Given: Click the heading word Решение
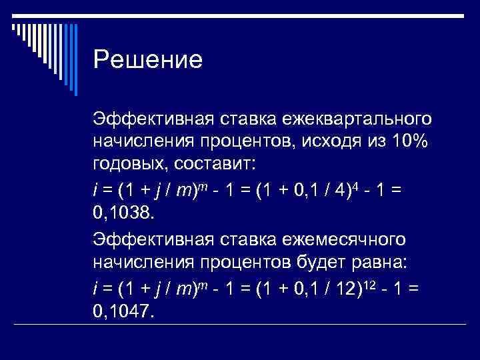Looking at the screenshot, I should pos(147,60).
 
